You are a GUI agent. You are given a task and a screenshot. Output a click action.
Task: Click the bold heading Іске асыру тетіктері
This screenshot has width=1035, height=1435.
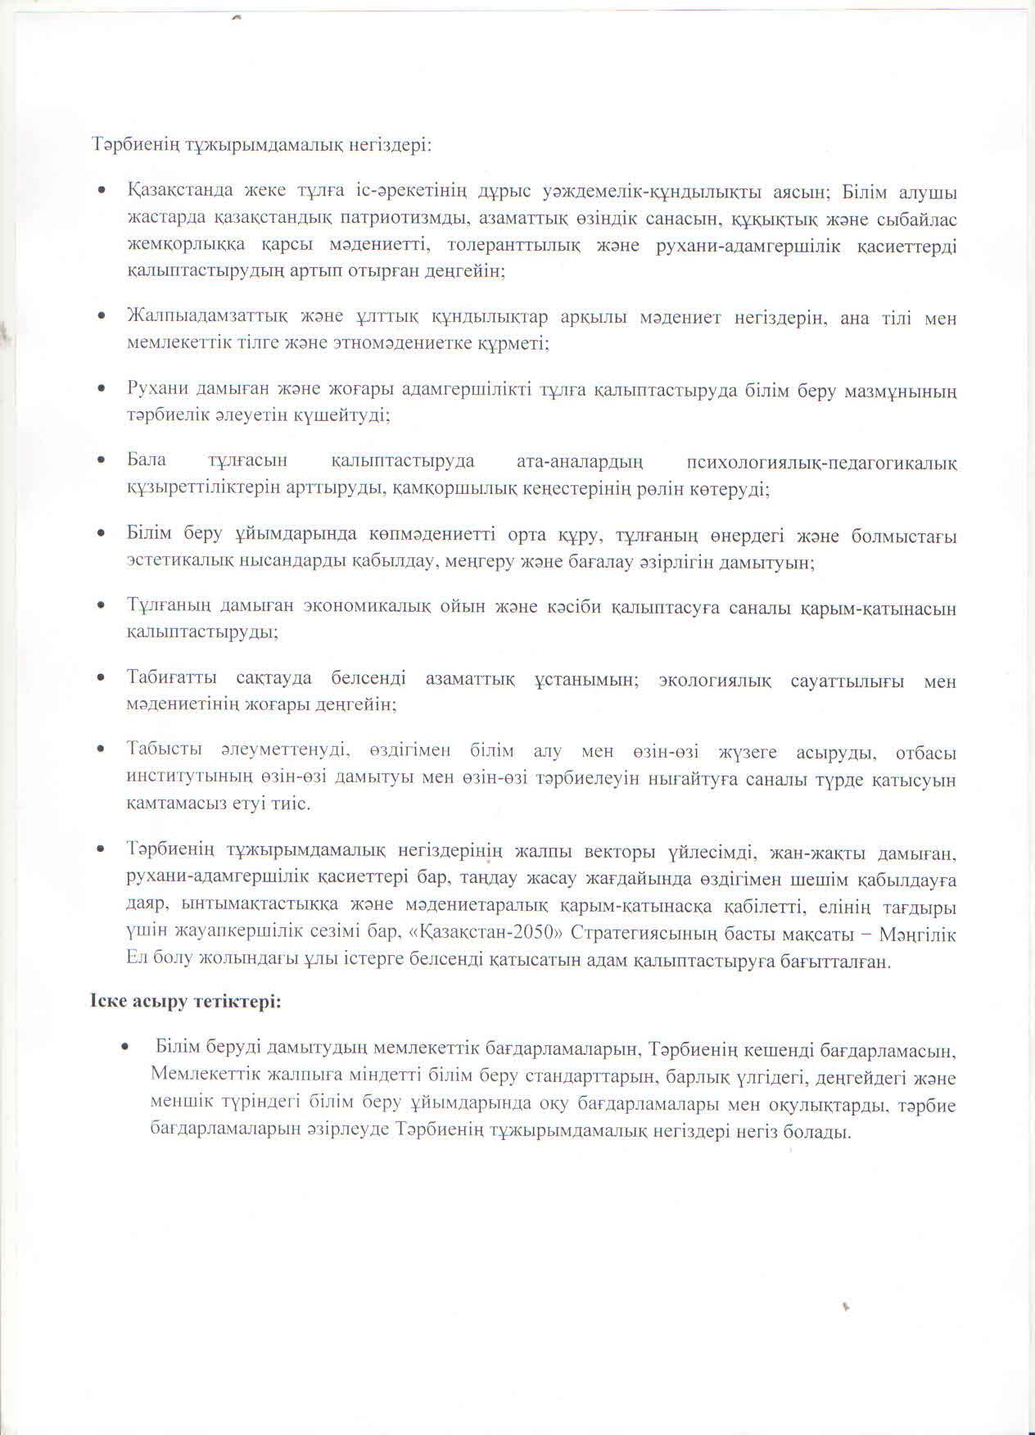186,1001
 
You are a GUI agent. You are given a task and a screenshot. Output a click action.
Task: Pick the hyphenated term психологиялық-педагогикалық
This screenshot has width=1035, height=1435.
821,463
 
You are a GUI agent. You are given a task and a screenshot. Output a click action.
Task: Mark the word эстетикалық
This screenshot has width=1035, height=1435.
176,563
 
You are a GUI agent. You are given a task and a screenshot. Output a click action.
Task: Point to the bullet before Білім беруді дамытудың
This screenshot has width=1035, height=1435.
125,1048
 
